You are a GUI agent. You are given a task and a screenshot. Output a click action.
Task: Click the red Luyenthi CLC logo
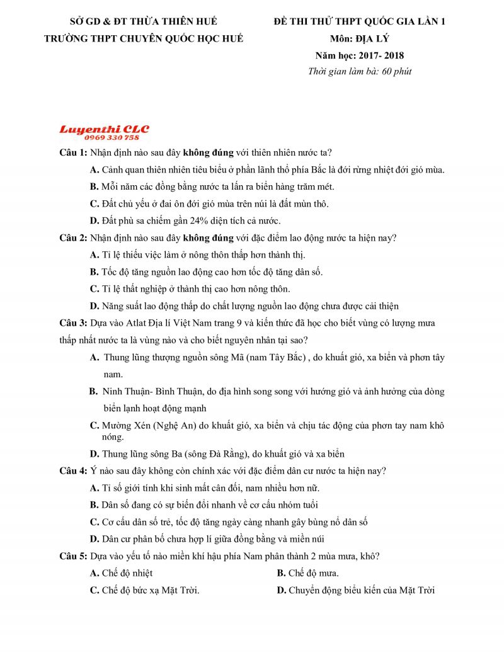(104, 129)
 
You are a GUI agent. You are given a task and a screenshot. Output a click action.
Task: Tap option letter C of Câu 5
(94, 590)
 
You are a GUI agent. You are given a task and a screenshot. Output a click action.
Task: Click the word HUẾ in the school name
(231, 38)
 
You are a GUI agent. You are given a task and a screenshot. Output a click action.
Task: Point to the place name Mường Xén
(125, 426)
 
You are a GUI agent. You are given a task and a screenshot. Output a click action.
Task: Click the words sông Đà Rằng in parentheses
(224, 454)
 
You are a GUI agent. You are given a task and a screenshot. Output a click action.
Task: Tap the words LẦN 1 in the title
(431, 21)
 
